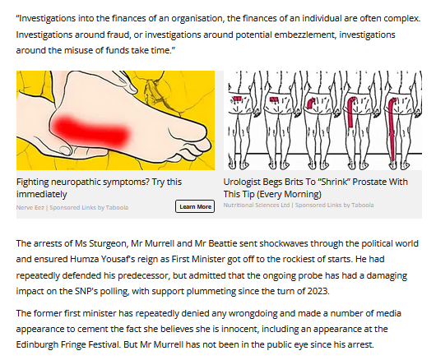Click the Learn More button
(195, 206)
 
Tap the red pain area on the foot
(91, 131)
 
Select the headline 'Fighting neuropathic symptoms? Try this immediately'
(99, 187)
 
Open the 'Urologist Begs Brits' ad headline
(316, 187)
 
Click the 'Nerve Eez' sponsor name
(30, 207)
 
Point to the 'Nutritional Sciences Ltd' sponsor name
(257, 205)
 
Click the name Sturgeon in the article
(108, 243)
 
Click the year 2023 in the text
(318, 292)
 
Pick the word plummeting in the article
(211, 292)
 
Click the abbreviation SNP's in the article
(86, 292)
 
